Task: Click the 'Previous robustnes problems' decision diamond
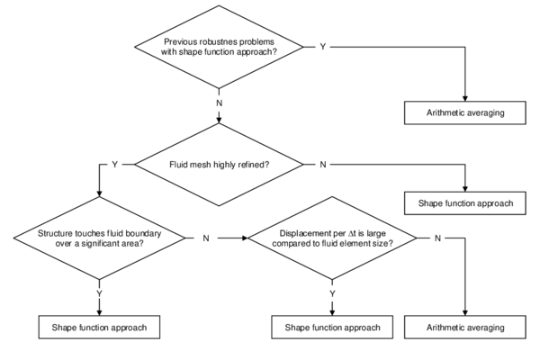tap(220, 46)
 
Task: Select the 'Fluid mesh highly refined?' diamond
tap(220, 165)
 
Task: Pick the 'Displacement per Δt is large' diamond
tap(333, 238)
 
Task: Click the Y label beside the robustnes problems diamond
tap(322, 46)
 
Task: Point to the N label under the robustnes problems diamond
tap(220, 103)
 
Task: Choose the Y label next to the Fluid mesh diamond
tap(114, 165)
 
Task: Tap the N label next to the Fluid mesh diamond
tap(321, 165)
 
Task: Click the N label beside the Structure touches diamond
tap(205, 238)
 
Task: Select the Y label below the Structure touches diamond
tap(98, 293)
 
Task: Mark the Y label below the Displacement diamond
tap(333, 293)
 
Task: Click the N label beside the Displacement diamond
tap(437, 238)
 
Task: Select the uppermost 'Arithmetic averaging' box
tap(464, 113)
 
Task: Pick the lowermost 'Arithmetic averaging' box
tap(464, 327)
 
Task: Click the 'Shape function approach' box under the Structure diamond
tap(99, 327)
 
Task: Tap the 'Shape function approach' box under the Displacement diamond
tap(333, 327)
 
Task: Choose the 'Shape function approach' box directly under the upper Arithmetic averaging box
tap(464, 203)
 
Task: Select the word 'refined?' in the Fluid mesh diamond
tap(252, 165)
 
